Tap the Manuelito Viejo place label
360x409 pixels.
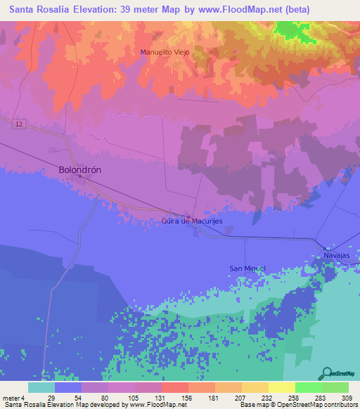pyautogui.click(x=165, y=52)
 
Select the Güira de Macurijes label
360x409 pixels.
pyautogui.click(x=192, y=222)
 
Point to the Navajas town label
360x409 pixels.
pyautogui.click(x=336, y=256)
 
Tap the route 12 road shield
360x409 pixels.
pyautogui.click(x=17, y=123)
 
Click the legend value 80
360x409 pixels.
pyautogui.click(x=105, y=398)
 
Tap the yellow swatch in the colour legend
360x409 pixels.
pyautogui.click(x=281, y=387)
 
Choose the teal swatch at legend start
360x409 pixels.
pyautogui.click(x=41, y=387)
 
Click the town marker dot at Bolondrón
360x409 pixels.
pyautogui.click(x=80, y=177)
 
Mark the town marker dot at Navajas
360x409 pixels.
pyautogui.click(x=327, y=248)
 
